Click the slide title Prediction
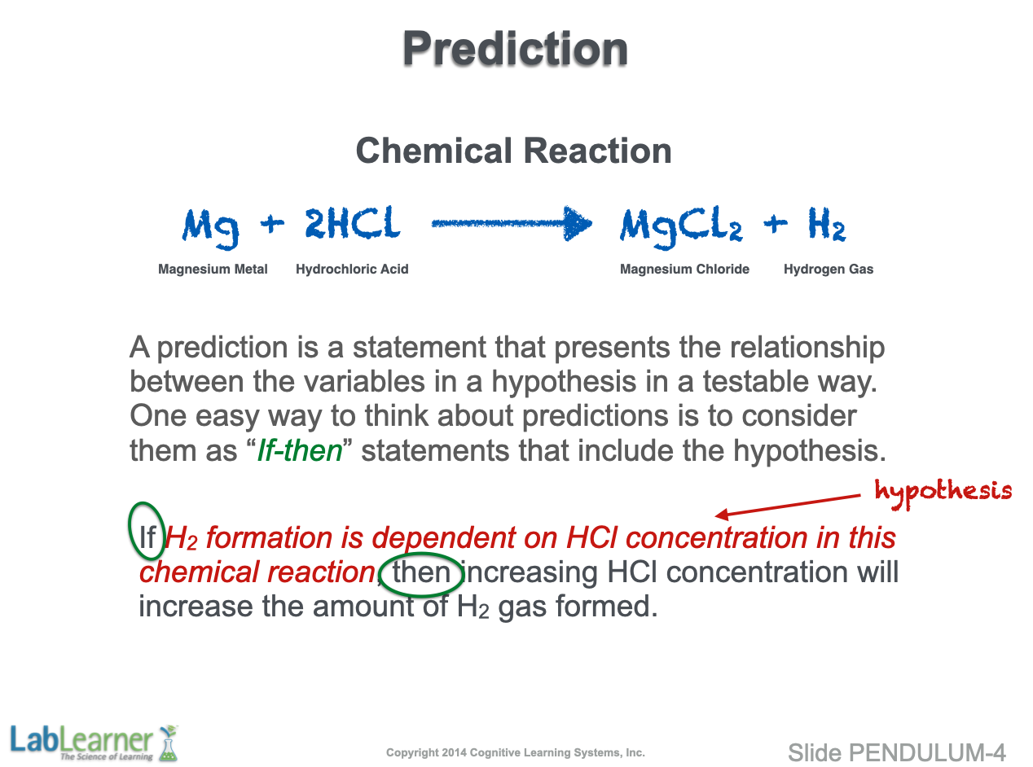(515, 49)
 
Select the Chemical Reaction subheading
(513, 151)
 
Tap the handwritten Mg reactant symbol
(210, 228)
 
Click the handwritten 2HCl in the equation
(353, 222)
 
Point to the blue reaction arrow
(512, 224)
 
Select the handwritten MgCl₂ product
(681, 227)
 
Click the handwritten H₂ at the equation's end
(827, 224)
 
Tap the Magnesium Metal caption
(213, 270)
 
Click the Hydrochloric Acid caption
(352, 270)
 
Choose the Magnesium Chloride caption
(684, 270)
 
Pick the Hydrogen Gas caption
(829, 270)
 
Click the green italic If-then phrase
(300, 451)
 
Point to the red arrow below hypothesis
(788, 506)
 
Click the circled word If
(147, 538)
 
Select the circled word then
(421, 572)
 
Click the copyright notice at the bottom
(516, 752)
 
